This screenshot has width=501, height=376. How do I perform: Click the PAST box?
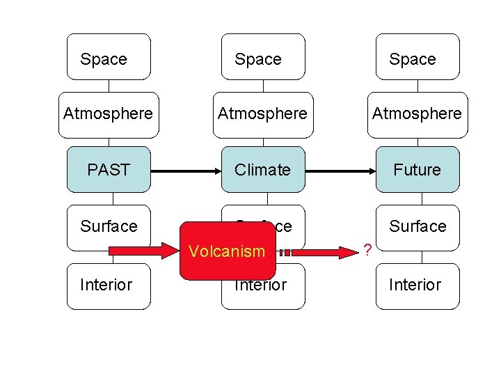point(109,169)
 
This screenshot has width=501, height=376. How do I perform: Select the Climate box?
point(263,169)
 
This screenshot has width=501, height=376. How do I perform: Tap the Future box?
point(417,169)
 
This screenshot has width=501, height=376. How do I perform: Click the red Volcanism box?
point(228,251)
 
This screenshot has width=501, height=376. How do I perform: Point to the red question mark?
point(367,249)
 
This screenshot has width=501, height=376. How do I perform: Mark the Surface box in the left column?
point(109,227)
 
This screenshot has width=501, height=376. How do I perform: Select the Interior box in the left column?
point(109,285)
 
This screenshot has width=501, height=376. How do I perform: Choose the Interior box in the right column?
point(417,285)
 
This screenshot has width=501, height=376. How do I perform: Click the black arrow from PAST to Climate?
point(185,169)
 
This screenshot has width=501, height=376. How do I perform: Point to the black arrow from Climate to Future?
point(340,169)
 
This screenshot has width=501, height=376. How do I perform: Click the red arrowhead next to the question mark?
point(351,248)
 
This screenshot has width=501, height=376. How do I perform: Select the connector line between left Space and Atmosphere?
point(109,86)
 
